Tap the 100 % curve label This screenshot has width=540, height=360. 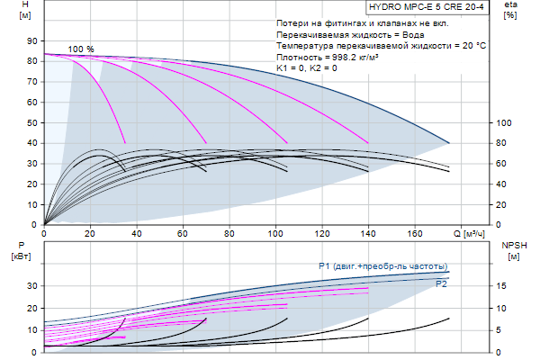(80, 49)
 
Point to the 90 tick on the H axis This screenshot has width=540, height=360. (32, 41)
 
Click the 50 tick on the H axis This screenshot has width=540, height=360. (32, 122)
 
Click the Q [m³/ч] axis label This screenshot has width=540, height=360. (473, 234)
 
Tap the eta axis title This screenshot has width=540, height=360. (510, 5)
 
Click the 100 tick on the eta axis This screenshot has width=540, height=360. (506, 122)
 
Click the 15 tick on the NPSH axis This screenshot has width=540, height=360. (503, 285)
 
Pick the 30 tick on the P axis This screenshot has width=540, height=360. (32, 285)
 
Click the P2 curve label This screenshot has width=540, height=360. (442, 284)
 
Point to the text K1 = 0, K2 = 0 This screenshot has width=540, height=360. (307, 68)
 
